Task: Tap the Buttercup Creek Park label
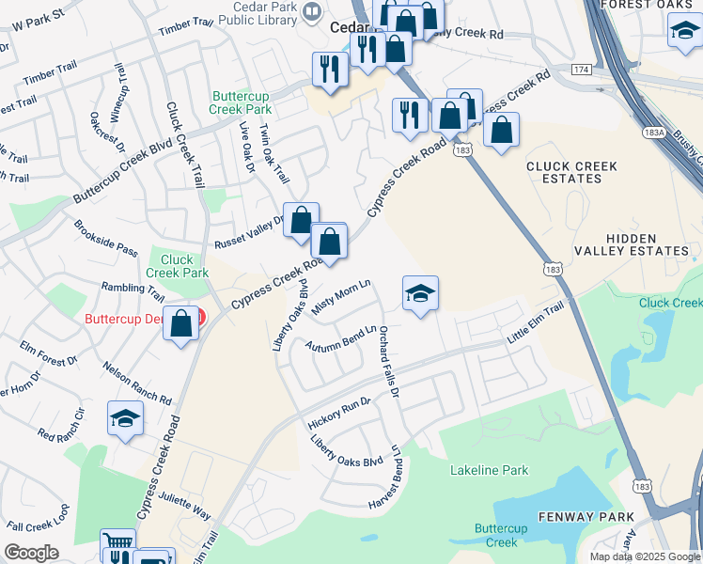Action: click(242, 102)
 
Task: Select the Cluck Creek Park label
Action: click(177, 266)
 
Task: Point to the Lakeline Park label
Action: click(489, 470)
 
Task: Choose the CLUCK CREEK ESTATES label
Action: click(571, 173)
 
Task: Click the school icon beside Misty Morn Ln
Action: click(420, 292)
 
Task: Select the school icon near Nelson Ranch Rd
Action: click(125, 419)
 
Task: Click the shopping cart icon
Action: click(117, 544)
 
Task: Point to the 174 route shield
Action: click(581, 70)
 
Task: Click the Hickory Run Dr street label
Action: click(339, 414)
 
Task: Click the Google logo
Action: click(31, 553)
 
